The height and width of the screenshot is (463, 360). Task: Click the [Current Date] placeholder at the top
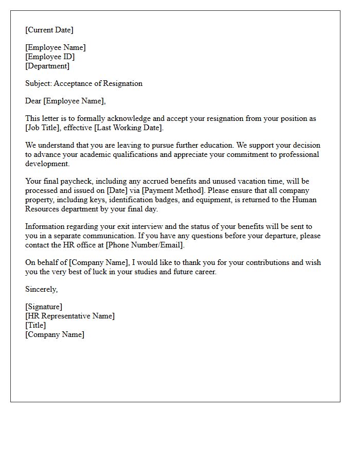click(49, 30)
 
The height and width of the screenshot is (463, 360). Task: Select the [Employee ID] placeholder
click(50, 57)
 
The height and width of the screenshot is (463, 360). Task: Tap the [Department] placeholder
click(47, 66)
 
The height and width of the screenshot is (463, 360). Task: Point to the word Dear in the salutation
click(33, 101)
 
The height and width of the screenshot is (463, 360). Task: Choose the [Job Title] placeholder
click(43, 128)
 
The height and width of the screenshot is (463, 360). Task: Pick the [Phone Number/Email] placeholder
click(145, 245)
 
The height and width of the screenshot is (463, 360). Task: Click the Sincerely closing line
click(41, 289)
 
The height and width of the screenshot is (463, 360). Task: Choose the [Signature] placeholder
click(44, 307)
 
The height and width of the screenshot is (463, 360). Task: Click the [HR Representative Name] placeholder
click(70, 316)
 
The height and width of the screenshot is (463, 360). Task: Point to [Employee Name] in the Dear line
click(75, 101)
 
